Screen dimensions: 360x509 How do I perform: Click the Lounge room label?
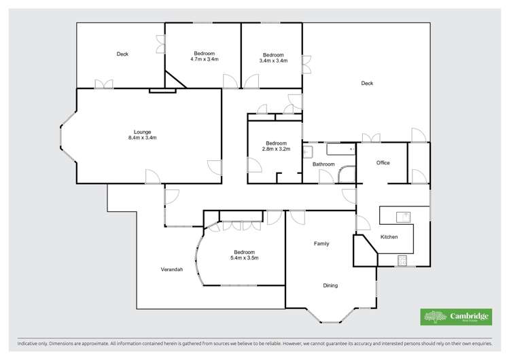coord(142,132)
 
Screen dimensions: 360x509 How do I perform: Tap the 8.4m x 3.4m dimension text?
coord(142,138)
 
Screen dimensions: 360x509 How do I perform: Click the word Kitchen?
coord(389,236)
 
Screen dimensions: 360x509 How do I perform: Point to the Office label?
coord(383,163)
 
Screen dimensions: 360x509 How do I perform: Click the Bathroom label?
coord(323,164)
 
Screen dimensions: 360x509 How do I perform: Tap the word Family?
coord(321,243)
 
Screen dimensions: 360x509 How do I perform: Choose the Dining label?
coord(330,285)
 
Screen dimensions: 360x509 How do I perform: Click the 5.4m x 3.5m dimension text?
coord(245,258)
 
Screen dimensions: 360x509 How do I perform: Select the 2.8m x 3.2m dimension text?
coord(276,149)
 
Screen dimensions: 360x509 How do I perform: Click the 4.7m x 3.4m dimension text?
coord(204,60)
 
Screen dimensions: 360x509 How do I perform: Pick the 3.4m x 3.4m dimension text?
coord(273,60)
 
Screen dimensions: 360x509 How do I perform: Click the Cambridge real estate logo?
coord(454,317)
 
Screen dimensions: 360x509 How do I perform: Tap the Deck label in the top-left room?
coord(122,54)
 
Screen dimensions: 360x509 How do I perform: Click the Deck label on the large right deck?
coord(367,84)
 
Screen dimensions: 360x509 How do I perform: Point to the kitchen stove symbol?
coord(402,259)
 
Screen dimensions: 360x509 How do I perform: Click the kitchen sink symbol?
coord(404,217)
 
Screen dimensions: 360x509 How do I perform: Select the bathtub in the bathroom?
coord(340,149)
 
